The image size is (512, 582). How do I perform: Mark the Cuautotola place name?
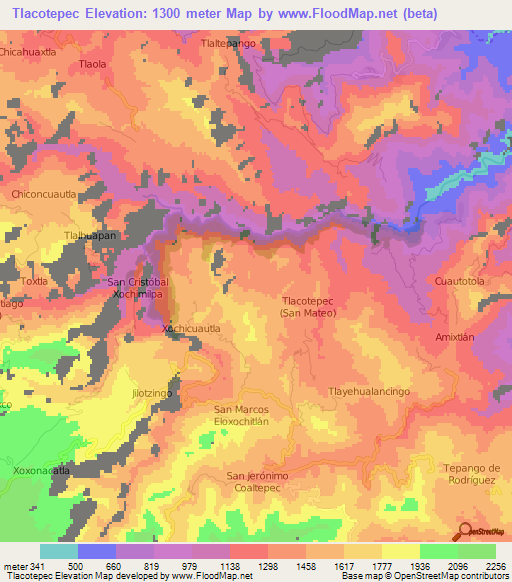[x=459, y=282]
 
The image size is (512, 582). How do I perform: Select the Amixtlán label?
[x=455, y=338]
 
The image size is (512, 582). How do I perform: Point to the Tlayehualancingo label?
[x=370, y=392]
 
